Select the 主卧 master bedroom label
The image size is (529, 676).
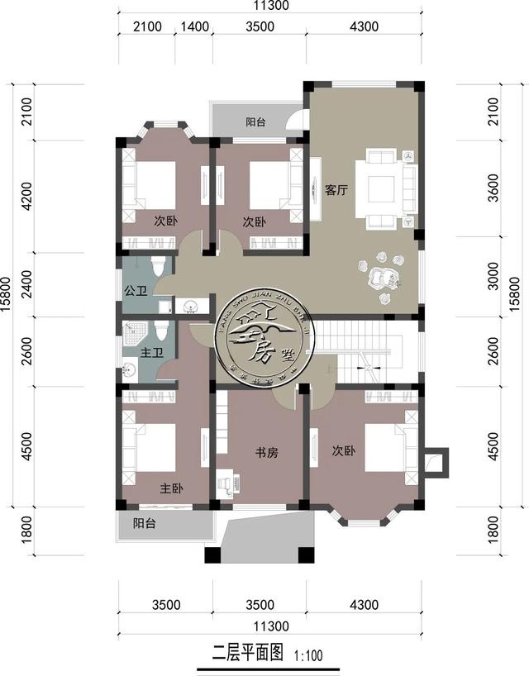coord(172,488)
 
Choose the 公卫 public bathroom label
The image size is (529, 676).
coord(134,291)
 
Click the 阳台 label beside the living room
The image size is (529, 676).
coord(255,122)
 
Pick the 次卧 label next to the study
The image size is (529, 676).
coord(343,451)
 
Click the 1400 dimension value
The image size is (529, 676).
coord(193,27)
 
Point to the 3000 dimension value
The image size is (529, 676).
coord(493,278)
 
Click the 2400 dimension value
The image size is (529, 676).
coord(26,282)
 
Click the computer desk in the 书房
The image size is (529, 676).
coord(225,484)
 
